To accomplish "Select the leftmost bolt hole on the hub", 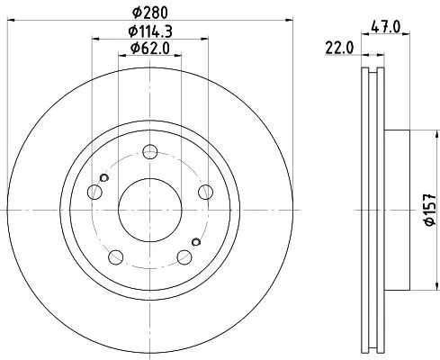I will pyautogui.click(x=94, y=190).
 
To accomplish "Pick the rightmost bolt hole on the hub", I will pyautogui.click(x=206, y=190).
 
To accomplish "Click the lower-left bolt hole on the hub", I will pyautogui.click(x=115, y=255).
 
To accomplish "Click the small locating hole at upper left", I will pyautogui.click(x=105, y=177).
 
